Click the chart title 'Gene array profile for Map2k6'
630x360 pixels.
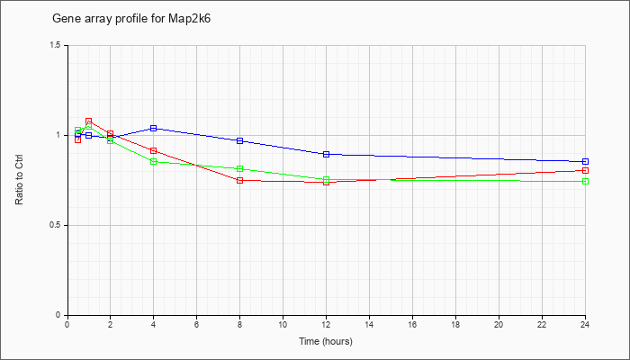point(131,19)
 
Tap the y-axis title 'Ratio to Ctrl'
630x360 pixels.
point(19,180)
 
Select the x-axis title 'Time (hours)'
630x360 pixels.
point(326,341)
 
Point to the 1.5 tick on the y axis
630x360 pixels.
point(61,45)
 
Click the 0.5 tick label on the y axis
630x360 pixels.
point(61,225)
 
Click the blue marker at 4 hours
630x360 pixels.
point(154,128)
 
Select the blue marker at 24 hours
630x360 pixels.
point(585,161)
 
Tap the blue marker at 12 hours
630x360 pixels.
point(326,154)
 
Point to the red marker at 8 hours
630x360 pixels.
point(240,180)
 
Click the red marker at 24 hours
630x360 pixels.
point(585,170)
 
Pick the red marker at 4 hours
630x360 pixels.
point(154,150)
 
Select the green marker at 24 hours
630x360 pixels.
point(585,181)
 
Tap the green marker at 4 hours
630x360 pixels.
point(154,161)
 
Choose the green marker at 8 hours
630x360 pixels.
point(240,169)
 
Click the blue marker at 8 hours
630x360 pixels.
point(240,140)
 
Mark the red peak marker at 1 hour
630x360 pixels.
point(89,121)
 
